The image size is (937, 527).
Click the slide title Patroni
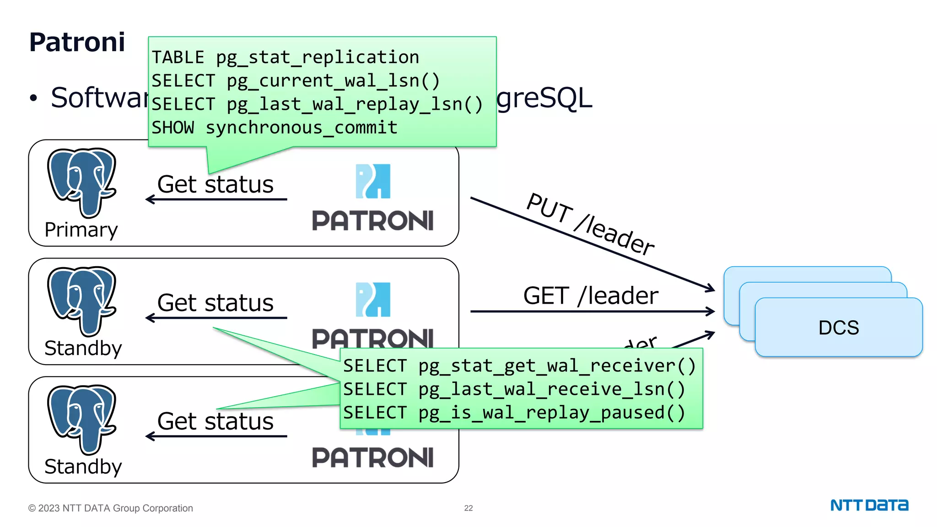point(77,42)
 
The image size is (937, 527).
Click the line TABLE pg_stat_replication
point(285,58)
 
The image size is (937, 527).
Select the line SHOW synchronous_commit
point(274,128)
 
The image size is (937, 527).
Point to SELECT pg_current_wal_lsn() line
point(296,81)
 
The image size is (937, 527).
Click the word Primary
point(81,230)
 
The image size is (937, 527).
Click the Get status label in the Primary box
point(215,184)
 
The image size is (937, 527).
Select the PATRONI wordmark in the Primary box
point(372,221)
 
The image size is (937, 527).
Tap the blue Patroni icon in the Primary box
point(373,181)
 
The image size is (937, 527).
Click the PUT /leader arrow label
point(590,224)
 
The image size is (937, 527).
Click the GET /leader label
point(591,296)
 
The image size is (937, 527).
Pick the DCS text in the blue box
point(838,328)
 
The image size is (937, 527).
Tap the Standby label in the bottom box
point(83,467)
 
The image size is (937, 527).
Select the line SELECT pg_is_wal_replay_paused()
point(514,413)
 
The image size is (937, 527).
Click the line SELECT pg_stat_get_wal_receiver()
point(519,366)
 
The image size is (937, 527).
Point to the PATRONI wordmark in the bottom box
point(372,458)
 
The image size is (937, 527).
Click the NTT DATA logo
point(869,505)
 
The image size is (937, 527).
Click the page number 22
point(468,508)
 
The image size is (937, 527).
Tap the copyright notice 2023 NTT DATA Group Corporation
point(110,508)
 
